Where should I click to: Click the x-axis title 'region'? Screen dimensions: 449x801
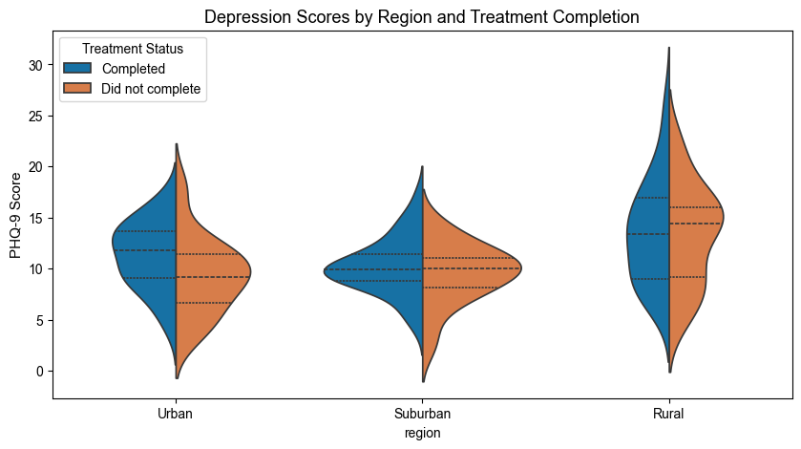422,433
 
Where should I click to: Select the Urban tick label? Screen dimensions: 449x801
176,414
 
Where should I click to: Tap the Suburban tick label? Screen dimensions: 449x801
422,414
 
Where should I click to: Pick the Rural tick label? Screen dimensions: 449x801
668,414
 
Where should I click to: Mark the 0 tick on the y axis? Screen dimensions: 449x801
43,371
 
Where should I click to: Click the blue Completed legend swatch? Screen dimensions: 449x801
77,69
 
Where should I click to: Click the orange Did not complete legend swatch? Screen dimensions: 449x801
77,89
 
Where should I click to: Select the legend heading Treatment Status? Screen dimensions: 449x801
132,48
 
